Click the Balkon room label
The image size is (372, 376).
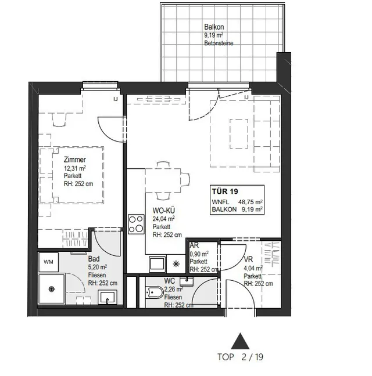(x=214, y=27)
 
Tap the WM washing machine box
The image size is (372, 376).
(x=48, y=262)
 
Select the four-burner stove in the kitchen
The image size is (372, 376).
(x=136, y=224)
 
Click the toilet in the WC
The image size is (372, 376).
(x=155, y=292)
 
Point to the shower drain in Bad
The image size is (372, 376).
(x=51, y=289)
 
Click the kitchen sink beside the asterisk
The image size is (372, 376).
(x=158, y=263)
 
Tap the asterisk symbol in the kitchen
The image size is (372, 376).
(x=176, y=264)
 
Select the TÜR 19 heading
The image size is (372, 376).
(x=225, y=191)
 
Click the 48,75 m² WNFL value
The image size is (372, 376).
(x=251, y=202)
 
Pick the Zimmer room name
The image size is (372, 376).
(x=74, y=160)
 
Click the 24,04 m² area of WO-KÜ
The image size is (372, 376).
(x=163, y=218)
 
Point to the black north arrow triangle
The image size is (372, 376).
(x=240, y=341)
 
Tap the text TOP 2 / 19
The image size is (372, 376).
(x=241, y=357)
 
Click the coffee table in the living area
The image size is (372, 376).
(x=239, y=133)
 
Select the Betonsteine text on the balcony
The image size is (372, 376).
(x=219, y=43)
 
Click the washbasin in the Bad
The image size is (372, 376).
(x=108, y=297)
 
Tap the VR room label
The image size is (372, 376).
(x=248, y=259)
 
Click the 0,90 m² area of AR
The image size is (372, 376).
(x=199, y=254)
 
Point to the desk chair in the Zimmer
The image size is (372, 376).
(x=59, y=120)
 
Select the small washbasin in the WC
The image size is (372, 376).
(x=187, y=281)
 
